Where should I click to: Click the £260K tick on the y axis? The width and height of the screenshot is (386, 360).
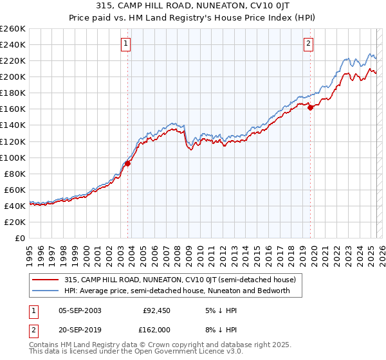pyautogui.click(x=12, y=29)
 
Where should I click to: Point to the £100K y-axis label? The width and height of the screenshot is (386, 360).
pyautogui.click(x=12, y=157)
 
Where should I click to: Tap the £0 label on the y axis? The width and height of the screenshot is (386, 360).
pyautogui.click(x=20, y=238)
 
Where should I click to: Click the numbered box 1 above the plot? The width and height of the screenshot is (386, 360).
pyautogui.click(x=125, y=44)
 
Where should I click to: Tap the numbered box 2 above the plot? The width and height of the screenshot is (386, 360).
pyautogui.click(x=309, y=44)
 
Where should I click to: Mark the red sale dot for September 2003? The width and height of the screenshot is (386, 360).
pyautogui.click(x=127, y=163)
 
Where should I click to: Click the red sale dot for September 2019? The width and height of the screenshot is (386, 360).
pyautogui.click(x=310, y=107)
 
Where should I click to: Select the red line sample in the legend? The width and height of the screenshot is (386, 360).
pyautogui.click(x=44, y=280)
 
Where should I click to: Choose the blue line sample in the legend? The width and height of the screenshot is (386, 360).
pyautogui.click(x=44, y=291)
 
